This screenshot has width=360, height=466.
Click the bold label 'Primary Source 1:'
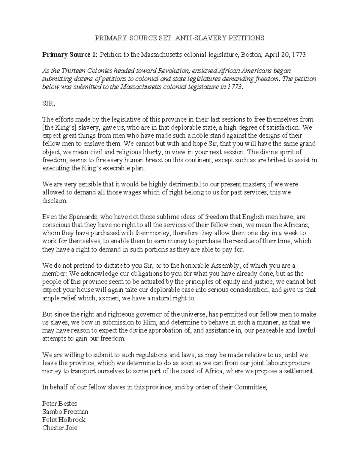[x=70, y=55]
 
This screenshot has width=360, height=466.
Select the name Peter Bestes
[x=60, y=403]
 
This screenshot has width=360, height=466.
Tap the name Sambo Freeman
[x=65, y=411]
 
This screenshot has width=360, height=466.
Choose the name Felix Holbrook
[x=64, y=419]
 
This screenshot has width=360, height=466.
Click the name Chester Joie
[x=60, y=428]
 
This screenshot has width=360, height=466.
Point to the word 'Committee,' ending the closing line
[x=250, y=387]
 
